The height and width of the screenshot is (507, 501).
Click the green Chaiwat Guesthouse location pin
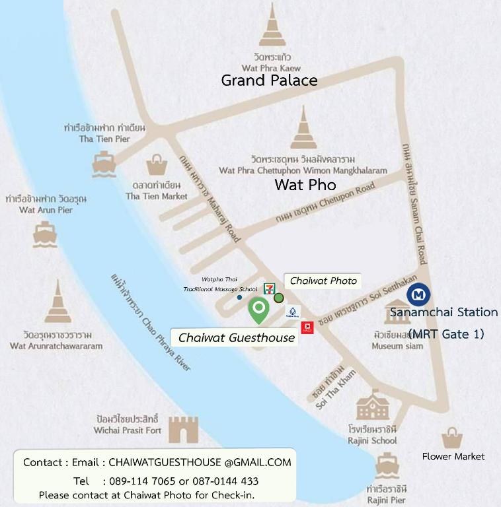(x=258, y=309)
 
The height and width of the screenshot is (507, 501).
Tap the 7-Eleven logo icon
(x=269, y=288)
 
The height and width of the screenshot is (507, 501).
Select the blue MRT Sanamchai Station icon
(x=418, y=294)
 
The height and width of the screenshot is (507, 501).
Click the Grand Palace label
(x=269, y=81)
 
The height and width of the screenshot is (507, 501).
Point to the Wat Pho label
(x=305, y=185)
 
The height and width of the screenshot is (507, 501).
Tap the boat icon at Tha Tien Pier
(x=104, y=164)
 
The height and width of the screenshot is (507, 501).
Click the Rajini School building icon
(x=373, y=405)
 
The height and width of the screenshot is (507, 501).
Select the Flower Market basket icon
(x=452, y=438)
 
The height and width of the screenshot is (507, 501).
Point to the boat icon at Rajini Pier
(x=387, y=465)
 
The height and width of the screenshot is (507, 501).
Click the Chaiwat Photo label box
(x=323, y=281)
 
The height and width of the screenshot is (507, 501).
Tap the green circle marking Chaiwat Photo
(x=279, y=298)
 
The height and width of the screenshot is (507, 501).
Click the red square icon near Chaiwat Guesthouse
(x=307, y=327)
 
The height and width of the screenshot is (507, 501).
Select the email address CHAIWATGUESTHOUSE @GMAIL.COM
(x=200, y=462)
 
